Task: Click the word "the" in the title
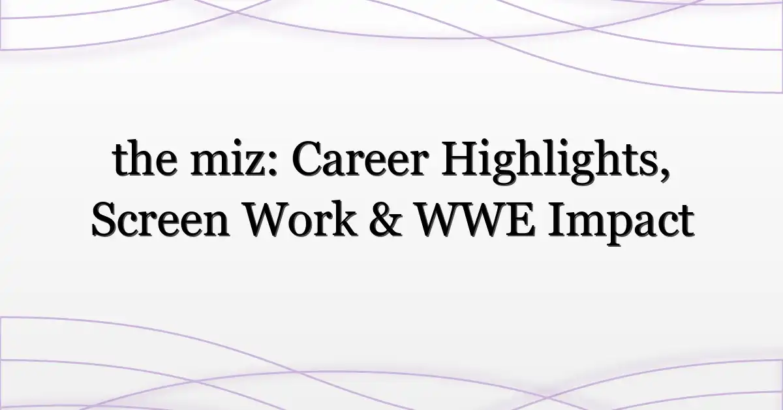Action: point(145,158)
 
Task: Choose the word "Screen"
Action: point(161,221)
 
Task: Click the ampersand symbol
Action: point(386,221)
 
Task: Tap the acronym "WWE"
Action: point(476,221)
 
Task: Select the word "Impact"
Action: point(621,223)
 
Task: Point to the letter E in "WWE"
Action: point(521,221)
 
